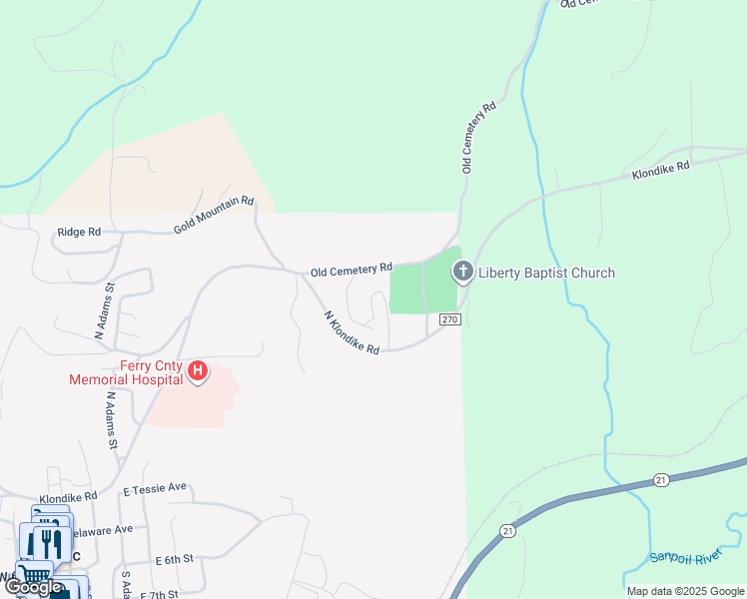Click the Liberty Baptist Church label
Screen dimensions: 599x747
coord(546,273)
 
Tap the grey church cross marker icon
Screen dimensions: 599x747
coord(462,271)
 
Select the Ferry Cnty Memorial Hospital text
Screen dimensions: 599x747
coord(126,372)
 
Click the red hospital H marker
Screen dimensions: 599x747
coord(198,372)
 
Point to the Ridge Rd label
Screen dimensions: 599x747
coord(80,232)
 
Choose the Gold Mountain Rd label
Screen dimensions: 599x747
coord(214,215)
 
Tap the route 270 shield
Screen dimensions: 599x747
coord(448,319)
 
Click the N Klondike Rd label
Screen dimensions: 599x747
coord(352,333)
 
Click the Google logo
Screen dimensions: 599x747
coord(33,587)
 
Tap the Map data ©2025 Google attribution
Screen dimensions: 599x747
coord(684,591)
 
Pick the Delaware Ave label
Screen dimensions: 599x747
coord(100,529)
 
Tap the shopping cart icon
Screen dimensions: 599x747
coord(36,575)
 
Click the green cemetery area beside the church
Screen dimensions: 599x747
coord(422,287)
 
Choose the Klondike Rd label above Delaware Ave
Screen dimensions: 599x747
coord(68,496)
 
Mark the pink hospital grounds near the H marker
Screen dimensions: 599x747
coord(190,404)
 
